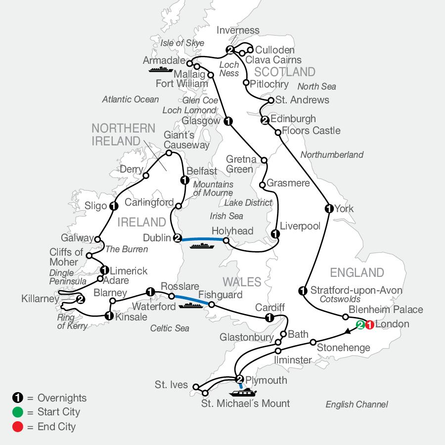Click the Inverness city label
click(238, 31)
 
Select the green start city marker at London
click(361, 325)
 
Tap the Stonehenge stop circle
click(313, 342)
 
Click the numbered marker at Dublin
click(178, 238)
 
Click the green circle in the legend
click(17, 412)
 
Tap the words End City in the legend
click(56, 426)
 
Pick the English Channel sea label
click(356, 404)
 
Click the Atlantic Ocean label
click(131, 99)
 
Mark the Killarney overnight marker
click(80, 299)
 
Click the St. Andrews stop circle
click(271, 100)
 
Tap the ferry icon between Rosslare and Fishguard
click(191, 306)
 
